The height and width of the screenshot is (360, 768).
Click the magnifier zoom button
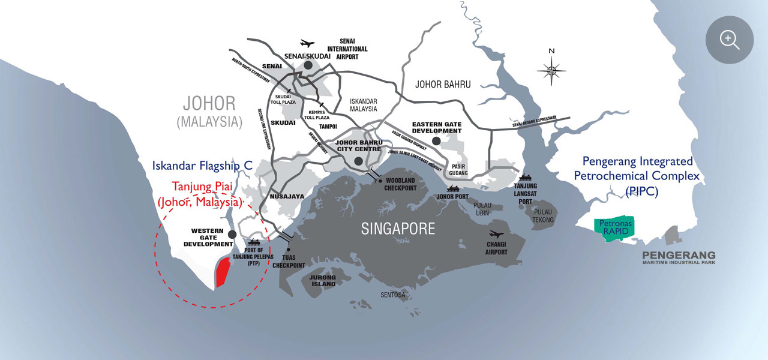click(x=729, y=40)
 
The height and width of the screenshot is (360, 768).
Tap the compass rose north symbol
click(x=552, y=70)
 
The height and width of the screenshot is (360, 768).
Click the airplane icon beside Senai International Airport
click(x=307, y=43)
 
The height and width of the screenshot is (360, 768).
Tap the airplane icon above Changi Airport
click(x=496, y=234)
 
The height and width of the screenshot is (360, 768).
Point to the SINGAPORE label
click(x=398, y=228)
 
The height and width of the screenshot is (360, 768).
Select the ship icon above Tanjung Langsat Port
click(x=525, y=177)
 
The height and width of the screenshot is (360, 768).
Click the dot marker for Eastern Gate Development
click(x=436, y=140)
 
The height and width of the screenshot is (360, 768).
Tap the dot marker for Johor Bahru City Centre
click(x=358, y=161)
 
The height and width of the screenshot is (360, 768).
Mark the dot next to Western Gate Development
click(x=232, y=233)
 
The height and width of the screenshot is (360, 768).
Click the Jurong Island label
click(x=323, y=280)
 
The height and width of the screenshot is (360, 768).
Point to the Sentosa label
click(x=393, y=295)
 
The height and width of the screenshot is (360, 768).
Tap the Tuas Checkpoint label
click(x=289, y=262)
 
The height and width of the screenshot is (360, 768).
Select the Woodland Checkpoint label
click(x=401, y=184)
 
